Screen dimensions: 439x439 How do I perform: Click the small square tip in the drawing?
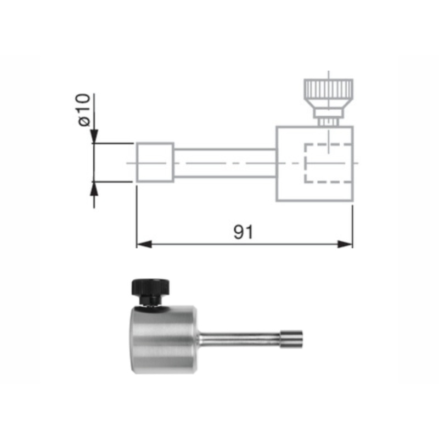point(155,162)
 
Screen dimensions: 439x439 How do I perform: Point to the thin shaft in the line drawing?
point(225,163)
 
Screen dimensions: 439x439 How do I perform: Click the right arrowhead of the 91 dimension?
point(346,244)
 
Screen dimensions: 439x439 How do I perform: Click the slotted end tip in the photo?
point(291,337)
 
